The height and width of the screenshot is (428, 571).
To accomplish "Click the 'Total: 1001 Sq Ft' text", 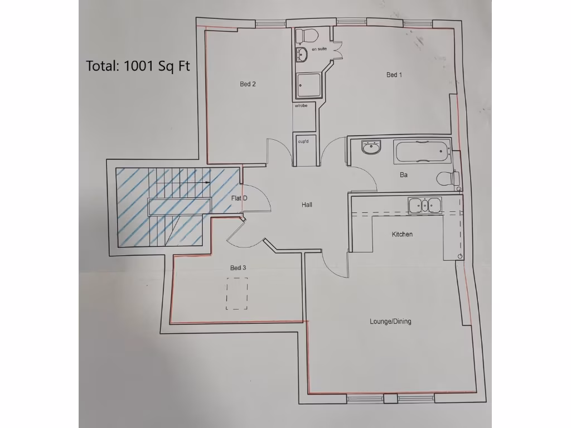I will (138, 65).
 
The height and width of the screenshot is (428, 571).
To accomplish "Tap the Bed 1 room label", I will (394, 75).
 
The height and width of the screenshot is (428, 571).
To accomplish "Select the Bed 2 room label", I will (248, 84).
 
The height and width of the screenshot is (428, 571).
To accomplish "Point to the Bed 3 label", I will (238, 268).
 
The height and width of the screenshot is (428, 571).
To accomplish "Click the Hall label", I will (307, 205).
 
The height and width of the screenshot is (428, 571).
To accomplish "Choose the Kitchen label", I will (402, 235).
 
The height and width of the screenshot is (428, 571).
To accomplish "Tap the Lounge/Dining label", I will (390, 322).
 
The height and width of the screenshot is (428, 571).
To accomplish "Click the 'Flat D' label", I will (239, 198).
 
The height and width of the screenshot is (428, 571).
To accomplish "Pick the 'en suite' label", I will (319, 50).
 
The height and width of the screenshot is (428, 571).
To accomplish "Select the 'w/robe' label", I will (301, 105).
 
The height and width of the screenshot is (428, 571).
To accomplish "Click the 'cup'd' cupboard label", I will (304, 141).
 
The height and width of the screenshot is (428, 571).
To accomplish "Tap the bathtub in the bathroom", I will (421, 152).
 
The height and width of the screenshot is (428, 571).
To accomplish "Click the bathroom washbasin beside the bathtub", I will (371, 148).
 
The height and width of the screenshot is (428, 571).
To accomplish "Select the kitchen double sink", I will (425, 205).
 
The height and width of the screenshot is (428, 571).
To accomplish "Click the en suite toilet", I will (306, 35).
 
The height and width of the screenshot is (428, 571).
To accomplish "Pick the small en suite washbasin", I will (302, 54).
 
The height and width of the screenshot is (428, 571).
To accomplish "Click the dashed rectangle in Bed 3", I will (237, 293).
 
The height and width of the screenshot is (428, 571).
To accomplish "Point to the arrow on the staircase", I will (207, 182).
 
